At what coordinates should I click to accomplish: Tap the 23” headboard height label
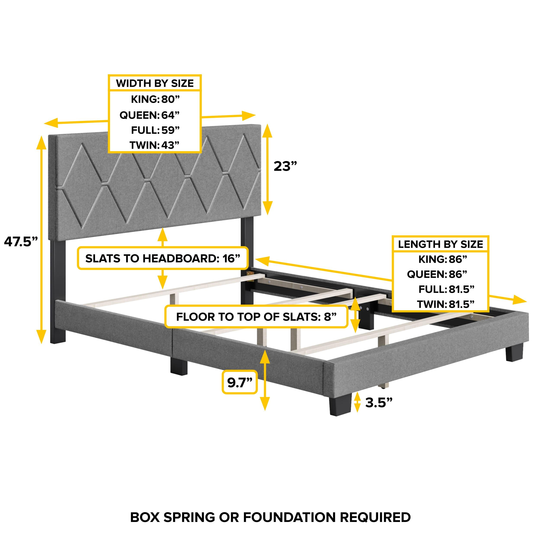(x=285, y=166)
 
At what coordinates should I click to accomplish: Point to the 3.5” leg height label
(x=378, y=403)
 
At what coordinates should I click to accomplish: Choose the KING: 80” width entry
(x=155, y=99)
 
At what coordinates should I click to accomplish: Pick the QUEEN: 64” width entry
(x=149, y=115)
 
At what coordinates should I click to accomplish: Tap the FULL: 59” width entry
(x=155, y=130)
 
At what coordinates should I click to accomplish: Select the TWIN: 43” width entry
(x=154, y=145)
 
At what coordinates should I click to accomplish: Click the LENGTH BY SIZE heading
(x=440, y=244)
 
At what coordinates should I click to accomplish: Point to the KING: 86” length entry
(x=443, y=259)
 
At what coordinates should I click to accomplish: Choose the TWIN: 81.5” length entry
(x=446, y=304)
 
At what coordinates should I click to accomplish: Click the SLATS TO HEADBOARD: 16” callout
(x=163, y=258)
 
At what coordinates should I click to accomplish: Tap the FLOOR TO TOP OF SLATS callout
(x=256, y=317)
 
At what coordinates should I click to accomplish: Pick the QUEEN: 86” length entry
(x=437, y=274)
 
